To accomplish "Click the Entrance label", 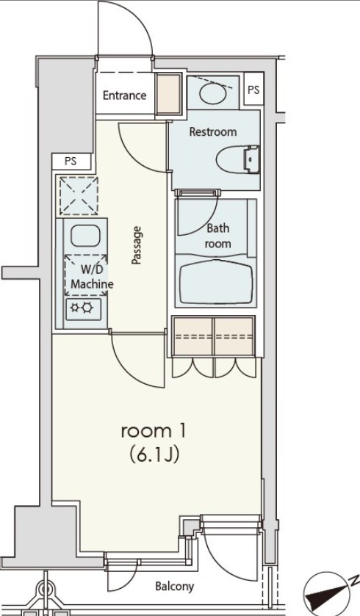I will click(124, 95).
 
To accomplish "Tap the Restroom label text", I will click(213, 132).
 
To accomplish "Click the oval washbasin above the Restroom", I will click(213, 93).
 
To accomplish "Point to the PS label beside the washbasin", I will click(253, 90).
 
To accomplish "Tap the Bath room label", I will click(217, 236).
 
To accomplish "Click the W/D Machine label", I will click(91, 278).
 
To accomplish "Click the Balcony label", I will click(174, 586).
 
